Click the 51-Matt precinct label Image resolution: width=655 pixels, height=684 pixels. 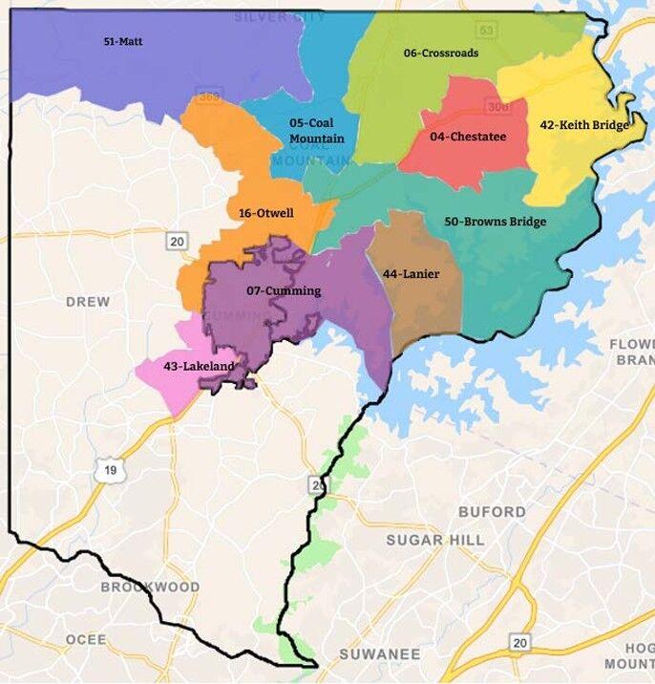pos(123,42)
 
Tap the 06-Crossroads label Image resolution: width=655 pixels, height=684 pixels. pos(441,53)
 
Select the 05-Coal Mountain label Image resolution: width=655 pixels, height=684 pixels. pos(317,130)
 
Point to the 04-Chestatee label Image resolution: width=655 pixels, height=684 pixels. pos(468,137)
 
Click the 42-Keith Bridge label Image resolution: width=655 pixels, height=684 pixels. pos(584,125)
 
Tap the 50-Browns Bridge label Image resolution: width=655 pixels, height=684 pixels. pos(496,222)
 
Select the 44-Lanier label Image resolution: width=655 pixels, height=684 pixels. pos(411,274)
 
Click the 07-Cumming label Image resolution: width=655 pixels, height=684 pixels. pos(284,290)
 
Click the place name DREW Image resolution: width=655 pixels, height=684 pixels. pos(88,302)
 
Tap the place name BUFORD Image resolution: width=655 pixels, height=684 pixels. pos(492,512)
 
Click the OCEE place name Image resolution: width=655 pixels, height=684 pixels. pos(86,639)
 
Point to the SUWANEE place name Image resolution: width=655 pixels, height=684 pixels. pos(380,654)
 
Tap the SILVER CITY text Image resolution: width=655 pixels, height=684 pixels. pos(280,16)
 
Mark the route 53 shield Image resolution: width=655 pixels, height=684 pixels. pos(488,31)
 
